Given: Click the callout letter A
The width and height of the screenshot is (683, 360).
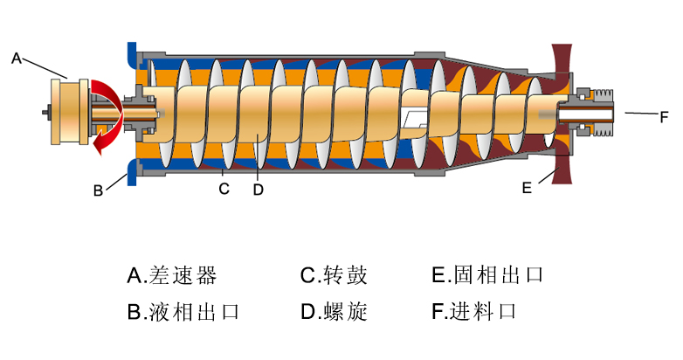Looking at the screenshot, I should (x=16, y=59).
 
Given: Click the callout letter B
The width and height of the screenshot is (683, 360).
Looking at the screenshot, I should (x=99, y=188).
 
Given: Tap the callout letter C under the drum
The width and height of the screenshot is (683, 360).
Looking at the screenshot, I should (x=224, y=188).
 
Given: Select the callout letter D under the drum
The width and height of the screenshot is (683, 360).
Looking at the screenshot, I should (x=258, y=188).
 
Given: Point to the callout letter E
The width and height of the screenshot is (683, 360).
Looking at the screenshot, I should (x=526, y=187).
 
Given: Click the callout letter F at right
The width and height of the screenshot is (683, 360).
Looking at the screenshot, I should (x=664, y=114).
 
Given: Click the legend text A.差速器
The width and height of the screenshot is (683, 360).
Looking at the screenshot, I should (x=171, y=276).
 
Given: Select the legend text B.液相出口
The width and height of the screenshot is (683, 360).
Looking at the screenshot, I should (x=183, y=312).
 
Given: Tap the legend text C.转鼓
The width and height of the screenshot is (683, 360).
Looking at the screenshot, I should (x=334, y=276).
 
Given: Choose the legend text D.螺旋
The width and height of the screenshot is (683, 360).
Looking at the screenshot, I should (x=334, y=312).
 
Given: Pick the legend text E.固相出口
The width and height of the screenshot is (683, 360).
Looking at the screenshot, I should (x=488, y=276).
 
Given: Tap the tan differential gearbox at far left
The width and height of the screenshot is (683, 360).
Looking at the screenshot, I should (x=69, y=111).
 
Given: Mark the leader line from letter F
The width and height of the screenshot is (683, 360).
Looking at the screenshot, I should (x=638, y=114).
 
